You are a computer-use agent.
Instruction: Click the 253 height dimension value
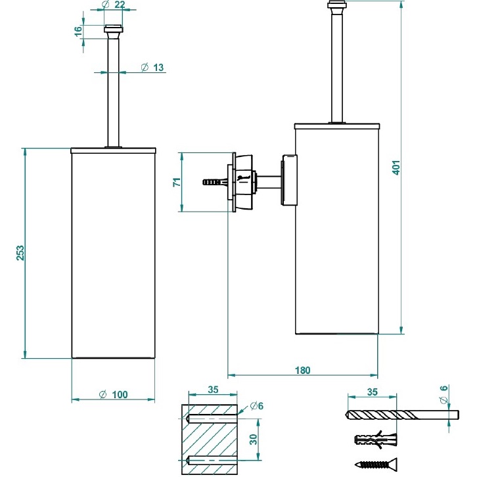20,254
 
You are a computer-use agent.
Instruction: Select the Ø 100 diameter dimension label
113,394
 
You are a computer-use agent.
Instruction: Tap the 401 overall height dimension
396,168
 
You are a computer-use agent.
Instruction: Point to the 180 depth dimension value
302,371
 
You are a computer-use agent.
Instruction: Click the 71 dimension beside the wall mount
176,182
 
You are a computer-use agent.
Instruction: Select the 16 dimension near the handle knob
78,31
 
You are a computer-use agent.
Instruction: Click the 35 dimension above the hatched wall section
213,390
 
